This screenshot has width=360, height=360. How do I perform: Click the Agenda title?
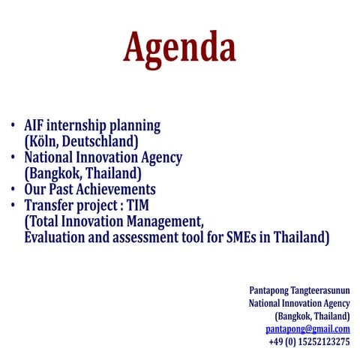(179, 48)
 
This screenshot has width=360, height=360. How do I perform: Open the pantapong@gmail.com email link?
(307, 328)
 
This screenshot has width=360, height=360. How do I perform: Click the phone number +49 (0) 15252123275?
(309, 341)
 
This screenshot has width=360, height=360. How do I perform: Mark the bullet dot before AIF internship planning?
(13, 126)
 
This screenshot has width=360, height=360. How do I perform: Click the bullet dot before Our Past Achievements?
(13, 190)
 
